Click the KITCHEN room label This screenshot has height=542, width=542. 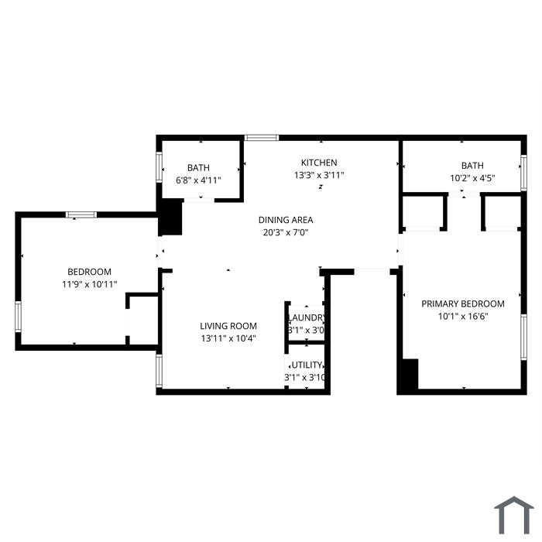click(x=319, y=163)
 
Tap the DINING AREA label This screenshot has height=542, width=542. click(x=286, y=220)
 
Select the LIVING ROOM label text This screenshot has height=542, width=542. click(x=228, y=326)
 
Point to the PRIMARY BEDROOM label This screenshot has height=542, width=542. click(x=462, y=304)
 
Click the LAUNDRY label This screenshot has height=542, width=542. click(x=307, y=317)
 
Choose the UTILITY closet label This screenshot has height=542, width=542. click(x=307, y=365)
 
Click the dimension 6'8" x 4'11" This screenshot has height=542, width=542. click(x=198, y=180)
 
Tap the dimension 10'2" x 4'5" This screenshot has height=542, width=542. click(x=472, y=178)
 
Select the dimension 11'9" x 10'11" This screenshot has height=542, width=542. click(x=89, y=284)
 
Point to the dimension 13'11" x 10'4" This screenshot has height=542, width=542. click(x=228, y=338)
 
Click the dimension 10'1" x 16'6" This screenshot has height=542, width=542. click(x=463, y=316)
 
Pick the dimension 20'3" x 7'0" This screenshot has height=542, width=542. click(x=286, y=232)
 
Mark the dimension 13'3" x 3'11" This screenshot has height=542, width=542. click(x=319, y=175)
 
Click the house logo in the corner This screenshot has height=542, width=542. click(x=513, y=515)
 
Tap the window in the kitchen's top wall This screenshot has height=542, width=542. click(x=262, y=138)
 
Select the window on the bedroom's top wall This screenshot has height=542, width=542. click(x=81, y=214)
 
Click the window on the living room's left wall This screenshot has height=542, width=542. click(x=159, y=371)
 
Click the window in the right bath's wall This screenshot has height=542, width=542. click(x=523, y=173)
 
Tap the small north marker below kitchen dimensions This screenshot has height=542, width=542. click(x=321, y=187)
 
